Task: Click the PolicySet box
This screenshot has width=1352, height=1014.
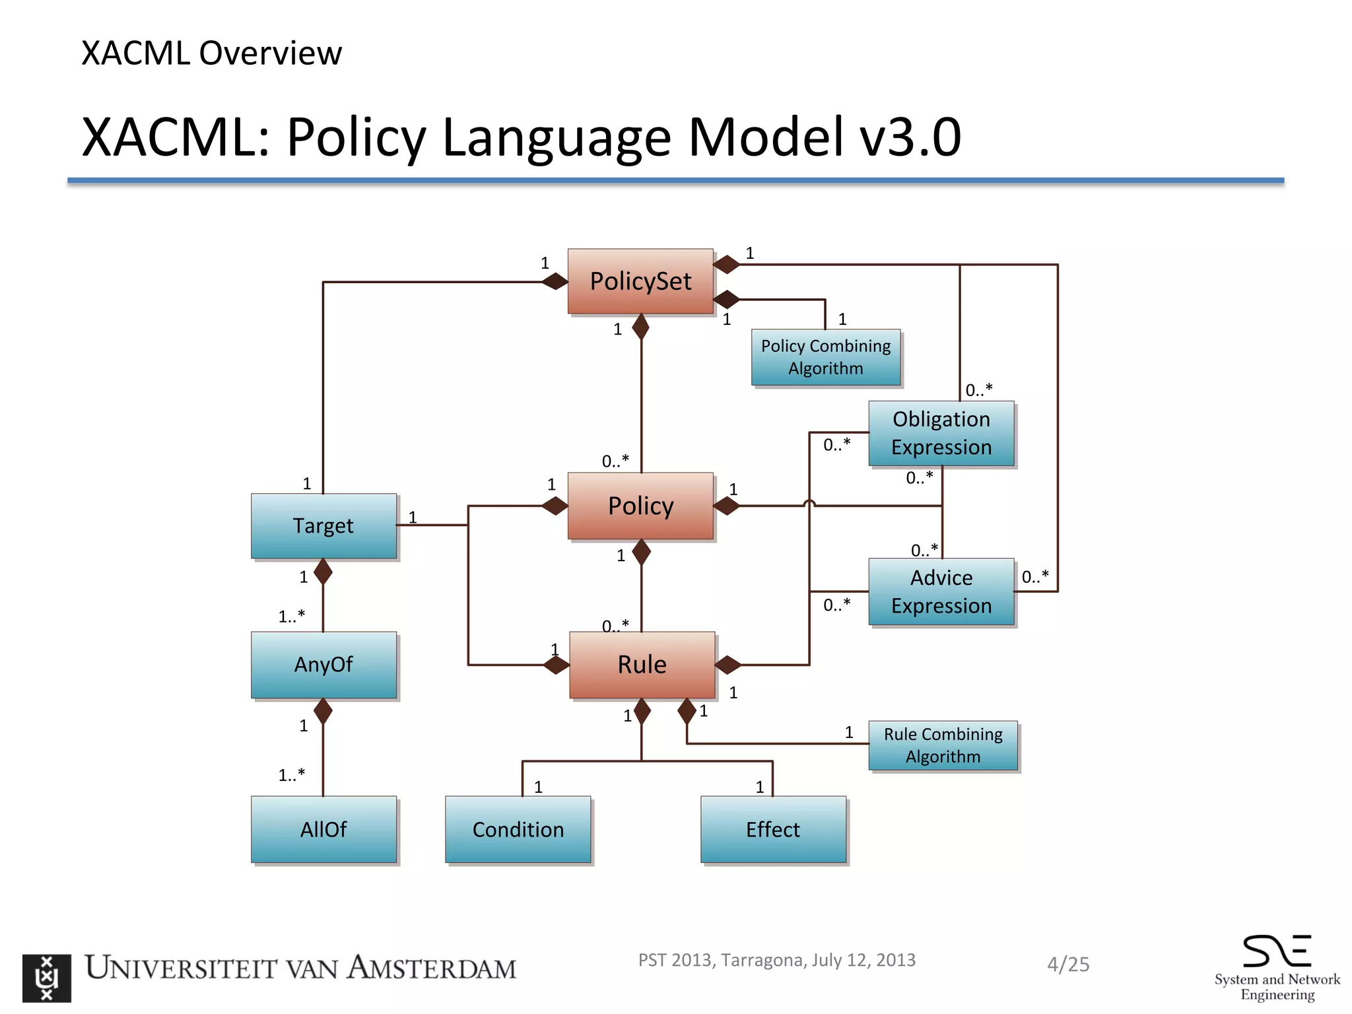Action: [640, 281]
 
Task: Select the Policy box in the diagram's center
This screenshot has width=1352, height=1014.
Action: [640, 506]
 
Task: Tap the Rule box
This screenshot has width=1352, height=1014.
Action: [642, 664]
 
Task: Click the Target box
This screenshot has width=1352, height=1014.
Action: [323, 525]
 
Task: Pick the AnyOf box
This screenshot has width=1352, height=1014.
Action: [323, 664]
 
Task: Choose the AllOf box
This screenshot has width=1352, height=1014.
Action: [323, 829]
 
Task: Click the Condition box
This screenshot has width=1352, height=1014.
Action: [518, 829]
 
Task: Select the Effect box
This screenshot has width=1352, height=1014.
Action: [773, 829]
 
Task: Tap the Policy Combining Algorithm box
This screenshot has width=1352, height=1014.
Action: [826, 357]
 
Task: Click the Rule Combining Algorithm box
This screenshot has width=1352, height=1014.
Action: [943, 745]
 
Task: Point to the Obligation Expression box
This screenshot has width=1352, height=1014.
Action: [941, 433]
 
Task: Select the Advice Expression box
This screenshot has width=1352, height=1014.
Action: [941, 591]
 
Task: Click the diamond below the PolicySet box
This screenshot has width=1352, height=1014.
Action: [640, 327]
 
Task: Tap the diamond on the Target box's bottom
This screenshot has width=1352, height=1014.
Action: [323, 572]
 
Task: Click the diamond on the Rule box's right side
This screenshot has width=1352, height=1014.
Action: [728, 665]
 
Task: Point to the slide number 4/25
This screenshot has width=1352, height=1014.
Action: [1068, 964]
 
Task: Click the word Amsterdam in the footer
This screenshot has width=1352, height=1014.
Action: [432, 968]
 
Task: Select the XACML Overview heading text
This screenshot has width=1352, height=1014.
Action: [211, 53]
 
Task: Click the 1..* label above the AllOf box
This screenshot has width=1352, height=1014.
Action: [291, 774]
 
